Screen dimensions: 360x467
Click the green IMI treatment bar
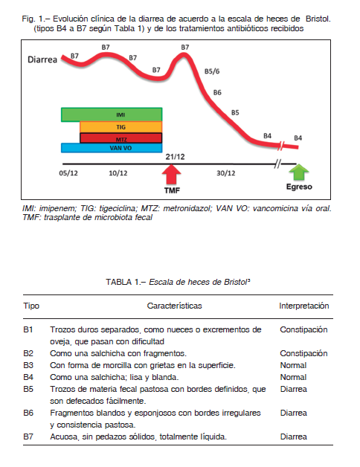point(112,115)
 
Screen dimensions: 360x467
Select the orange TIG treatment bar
point(121,127)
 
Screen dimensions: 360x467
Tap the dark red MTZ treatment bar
point(121,138)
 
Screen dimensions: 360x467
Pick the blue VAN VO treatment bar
point(112,148)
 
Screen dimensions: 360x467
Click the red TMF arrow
point(171,175)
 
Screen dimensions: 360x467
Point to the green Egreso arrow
point(299,172)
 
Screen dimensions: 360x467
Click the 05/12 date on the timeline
point(68,173)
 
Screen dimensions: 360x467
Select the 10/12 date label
point(118,173)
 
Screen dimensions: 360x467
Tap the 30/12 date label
point(226,173)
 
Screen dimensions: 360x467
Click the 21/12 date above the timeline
point(176,157)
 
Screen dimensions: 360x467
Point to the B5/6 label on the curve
point(212,71)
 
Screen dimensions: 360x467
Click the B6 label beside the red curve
point(217,93)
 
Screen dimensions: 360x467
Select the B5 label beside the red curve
point(235,112)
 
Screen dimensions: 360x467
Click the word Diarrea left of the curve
point(42,59)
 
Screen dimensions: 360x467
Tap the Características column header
point(174,306)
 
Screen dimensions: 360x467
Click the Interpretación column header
point(304,306)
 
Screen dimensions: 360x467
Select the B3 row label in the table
point(28,365)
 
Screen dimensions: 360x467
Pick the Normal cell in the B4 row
point(293,377)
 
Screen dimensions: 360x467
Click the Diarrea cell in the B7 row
point(294,437)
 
